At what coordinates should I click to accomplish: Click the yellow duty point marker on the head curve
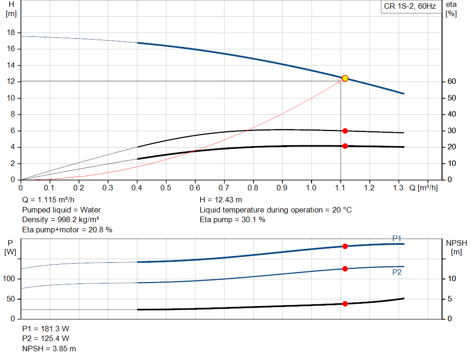click(x=345, y=78)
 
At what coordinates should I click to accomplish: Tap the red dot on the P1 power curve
click(x=345, y=246)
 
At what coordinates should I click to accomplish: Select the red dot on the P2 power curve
click(x=345, y=269)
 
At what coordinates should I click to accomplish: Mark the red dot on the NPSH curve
click(x=345, y=304)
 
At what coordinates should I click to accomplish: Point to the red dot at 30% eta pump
click(x=345, y=131)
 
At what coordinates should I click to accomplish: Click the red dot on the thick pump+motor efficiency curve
click(x=345, y=146)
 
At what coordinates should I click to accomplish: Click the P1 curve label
click(x=397, y=238)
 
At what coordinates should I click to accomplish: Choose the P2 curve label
click(x=397, y=272)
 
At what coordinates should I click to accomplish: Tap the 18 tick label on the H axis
click(x=11, y=33)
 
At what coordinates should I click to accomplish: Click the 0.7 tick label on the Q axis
click(x=224, y=188)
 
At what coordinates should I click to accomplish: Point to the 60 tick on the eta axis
click(x=452, y=81)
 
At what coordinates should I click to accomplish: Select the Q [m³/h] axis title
click(x=423, y=188)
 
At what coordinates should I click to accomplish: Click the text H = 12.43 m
click(x=221, y=200)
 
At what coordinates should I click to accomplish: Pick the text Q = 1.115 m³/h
click(x=48, y=200)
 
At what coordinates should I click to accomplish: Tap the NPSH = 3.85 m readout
click(x=49, y=348)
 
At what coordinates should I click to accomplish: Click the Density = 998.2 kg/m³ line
click(x=60, y=220)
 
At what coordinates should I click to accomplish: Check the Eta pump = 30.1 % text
click(x=232, y=220)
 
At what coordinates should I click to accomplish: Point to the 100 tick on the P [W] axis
click(x=9, y=279)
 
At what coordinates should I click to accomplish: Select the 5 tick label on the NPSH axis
click(x=449, y=299)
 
